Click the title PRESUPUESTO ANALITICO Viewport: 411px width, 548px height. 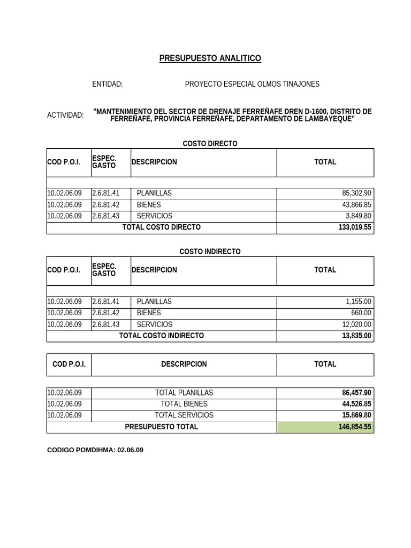210,58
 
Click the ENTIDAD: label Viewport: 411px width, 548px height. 107,84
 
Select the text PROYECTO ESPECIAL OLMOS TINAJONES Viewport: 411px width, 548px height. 252,84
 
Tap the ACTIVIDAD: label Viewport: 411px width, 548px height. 65,115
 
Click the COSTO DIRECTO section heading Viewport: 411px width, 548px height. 210,143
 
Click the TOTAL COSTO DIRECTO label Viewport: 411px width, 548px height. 162,227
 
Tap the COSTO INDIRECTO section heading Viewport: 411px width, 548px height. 210,252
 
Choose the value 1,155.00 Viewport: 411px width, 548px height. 359,301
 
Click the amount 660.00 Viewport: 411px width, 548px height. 361,313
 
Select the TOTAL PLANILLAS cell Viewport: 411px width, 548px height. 184,392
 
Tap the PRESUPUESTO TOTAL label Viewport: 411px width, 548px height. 162,427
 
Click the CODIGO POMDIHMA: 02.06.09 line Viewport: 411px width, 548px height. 95,450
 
